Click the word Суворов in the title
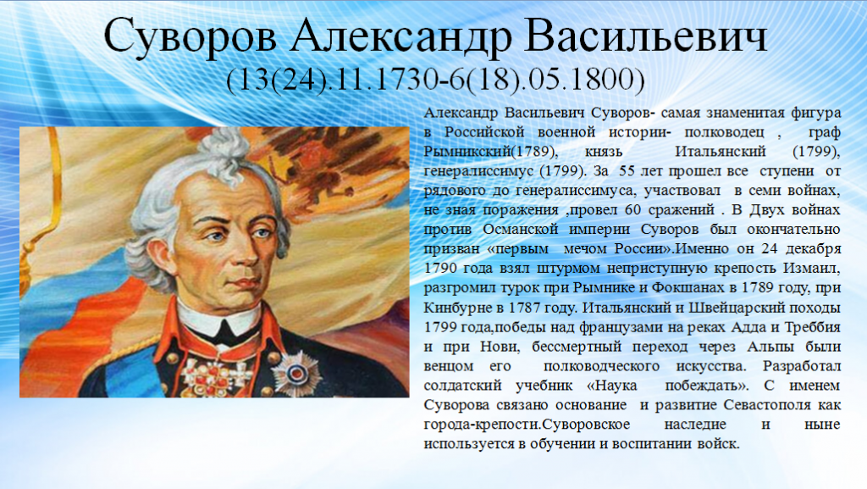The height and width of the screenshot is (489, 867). (x=191, y=36)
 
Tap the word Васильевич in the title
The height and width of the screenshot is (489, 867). (x=646, y=36)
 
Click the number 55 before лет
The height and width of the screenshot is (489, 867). (x=627, y=171)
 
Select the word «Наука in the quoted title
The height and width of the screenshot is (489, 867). (x=611, y=386)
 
